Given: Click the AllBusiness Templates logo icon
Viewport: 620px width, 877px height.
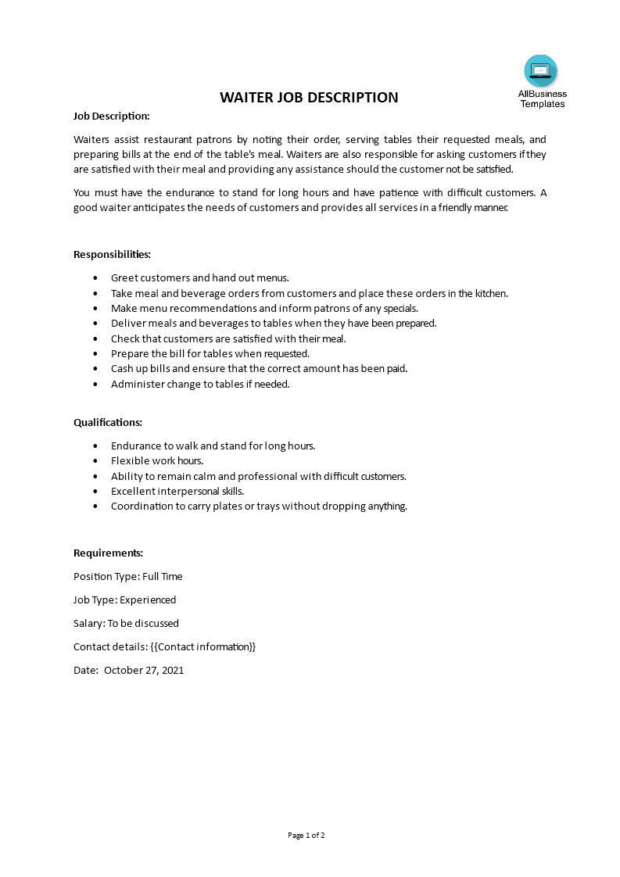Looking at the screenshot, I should pyautogui.click(x=541, y=71).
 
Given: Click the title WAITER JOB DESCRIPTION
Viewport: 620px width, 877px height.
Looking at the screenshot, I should pyautogui.click(x=309, y=98).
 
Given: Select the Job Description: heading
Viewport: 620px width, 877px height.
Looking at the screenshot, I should pyautogui.click(x=111, y=116).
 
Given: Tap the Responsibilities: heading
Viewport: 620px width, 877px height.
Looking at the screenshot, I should pyautogui.click(x=112, y=254).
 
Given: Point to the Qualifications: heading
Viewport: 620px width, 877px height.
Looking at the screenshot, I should pyautogui.click(x=108, y=422).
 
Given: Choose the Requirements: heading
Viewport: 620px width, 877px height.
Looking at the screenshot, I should pyautogui.click(x=108, y=553).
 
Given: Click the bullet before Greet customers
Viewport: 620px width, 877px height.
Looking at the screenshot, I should pyautogui.click(x=95, y=278).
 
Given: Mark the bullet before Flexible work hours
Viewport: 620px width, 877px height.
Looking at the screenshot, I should pyautogui.click(x=95, y=461).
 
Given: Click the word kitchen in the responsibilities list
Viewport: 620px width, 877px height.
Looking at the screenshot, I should pyautogui.click(x=489, y=293).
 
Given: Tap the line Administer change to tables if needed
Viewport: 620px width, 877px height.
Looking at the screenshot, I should pyautogui.click(x=200, y=384).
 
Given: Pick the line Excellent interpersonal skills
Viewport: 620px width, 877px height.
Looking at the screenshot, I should pyautogui.click(x=177, y=491).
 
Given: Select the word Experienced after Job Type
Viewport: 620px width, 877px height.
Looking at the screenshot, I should pyautogui.click(x=149, y=600).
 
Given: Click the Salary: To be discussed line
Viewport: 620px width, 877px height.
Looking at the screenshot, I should pyautogui.click(x=126, y=623).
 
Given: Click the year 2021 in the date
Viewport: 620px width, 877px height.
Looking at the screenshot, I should pyautogui.click(x=171, y=670).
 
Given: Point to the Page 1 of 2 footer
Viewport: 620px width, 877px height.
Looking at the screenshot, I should pyautogui.click(x=306, y=835).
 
